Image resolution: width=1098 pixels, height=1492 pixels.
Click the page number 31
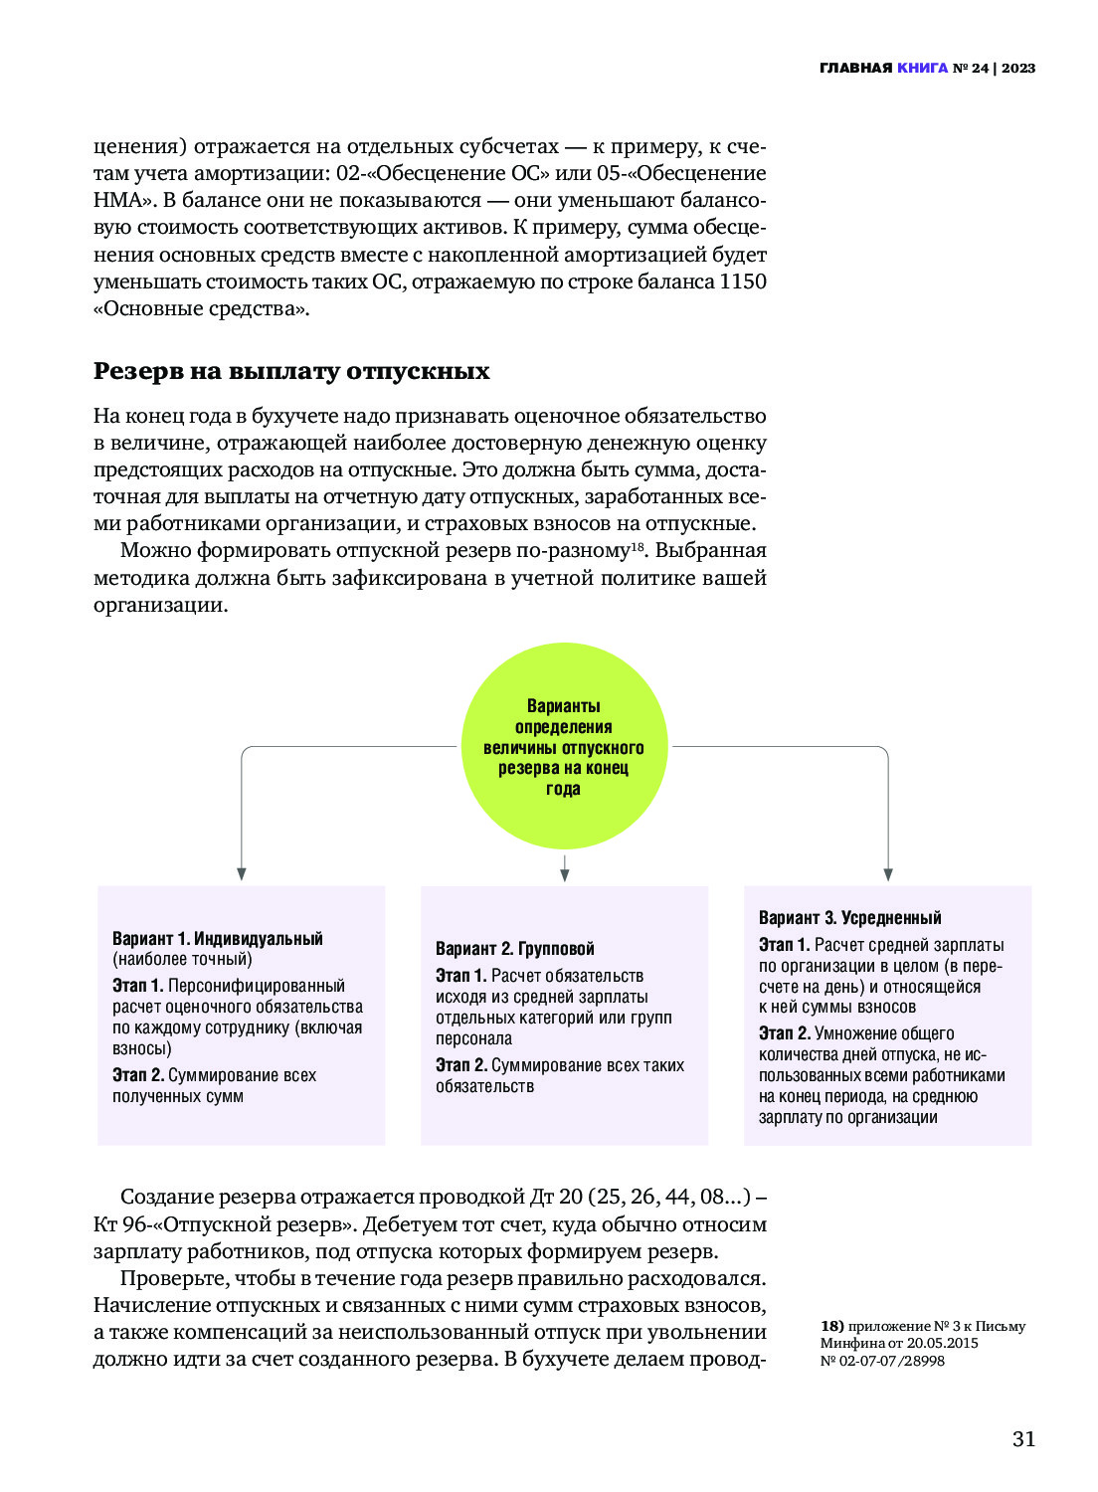[1023, 1439]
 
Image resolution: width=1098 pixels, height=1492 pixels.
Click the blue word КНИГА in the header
[922, 69]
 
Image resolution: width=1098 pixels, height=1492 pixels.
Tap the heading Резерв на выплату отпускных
[291, 371]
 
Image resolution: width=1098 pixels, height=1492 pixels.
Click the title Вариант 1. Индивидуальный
[218, 938]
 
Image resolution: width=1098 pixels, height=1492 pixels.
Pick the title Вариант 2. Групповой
[514, 948]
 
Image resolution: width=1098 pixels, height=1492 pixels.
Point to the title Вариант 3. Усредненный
[849, 917]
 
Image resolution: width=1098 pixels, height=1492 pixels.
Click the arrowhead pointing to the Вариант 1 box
[242, 873]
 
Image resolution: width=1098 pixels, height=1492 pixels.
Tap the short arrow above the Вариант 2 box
[564, 868]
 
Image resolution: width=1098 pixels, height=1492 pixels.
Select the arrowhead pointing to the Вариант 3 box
[887, 873]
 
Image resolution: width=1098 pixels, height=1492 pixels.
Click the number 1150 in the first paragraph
[743, 281]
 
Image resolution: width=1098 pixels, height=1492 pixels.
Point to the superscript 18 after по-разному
[639, 546]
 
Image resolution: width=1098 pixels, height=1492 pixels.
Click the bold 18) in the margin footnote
[831, 1326]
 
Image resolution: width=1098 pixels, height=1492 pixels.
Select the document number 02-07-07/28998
[892, 1361]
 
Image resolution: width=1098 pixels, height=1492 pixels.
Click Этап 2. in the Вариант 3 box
[784, 1033]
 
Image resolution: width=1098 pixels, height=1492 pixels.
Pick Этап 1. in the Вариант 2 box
[460, 976]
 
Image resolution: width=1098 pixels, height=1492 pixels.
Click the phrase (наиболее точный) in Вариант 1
[182, 959]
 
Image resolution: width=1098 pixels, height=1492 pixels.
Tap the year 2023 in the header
[1018, 69]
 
